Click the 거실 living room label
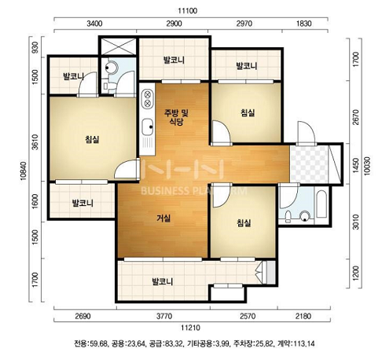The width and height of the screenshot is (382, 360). [163, 218]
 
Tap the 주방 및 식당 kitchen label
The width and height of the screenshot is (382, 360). [176, 117]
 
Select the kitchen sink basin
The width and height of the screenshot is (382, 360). [148, 127]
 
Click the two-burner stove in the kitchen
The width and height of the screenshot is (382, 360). [148, 98]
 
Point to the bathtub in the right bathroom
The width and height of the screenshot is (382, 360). [321, 204]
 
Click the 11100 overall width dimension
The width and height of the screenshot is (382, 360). [187, 11]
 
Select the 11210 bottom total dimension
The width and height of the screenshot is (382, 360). [191, 328]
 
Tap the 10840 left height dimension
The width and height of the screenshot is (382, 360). [24, 171]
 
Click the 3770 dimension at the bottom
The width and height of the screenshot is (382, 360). [164, 316]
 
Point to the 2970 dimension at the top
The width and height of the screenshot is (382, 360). [244, 24]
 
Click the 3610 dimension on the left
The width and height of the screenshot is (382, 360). [35, 142]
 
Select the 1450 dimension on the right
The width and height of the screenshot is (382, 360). [355, 165]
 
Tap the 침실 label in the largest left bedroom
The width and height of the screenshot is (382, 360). [92, 139]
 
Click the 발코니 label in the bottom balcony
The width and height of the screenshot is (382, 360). [163, 281]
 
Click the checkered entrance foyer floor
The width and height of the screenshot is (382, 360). [309, 164]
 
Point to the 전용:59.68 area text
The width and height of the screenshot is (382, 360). [90, 343]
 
